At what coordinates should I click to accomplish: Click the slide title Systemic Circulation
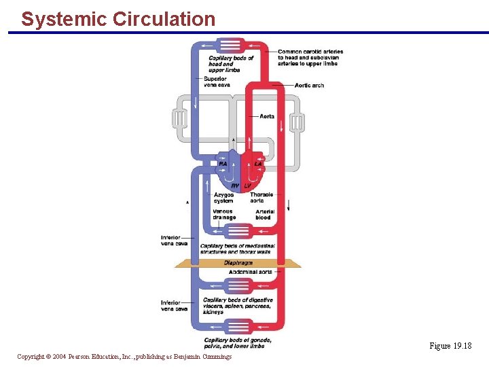point(117,19)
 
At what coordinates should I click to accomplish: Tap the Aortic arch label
point(309,86)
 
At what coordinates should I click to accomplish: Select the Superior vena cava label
point(217,82)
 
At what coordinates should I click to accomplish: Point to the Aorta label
point(267,116)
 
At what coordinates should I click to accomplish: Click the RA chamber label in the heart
point(223,164)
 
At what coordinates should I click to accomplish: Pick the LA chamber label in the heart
point(258,164)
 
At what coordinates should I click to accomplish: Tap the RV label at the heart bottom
point(235,186)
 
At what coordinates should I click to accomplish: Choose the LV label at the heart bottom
point(247,186)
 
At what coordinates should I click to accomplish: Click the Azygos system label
point(223,198)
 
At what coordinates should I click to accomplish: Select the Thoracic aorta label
point(261,198)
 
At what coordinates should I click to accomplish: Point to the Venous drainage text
point(223,215)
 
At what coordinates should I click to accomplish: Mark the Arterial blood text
point(265,215)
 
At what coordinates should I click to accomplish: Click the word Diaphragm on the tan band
point(238,263)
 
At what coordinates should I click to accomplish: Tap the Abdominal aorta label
point(250,272)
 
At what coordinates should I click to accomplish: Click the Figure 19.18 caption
point(450,346)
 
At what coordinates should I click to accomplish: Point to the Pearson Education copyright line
point(124,357)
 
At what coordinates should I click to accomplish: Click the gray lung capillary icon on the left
point(179,120)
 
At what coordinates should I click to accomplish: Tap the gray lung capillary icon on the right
point(297,123)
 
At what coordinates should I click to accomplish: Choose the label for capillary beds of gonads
point(238,343)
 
